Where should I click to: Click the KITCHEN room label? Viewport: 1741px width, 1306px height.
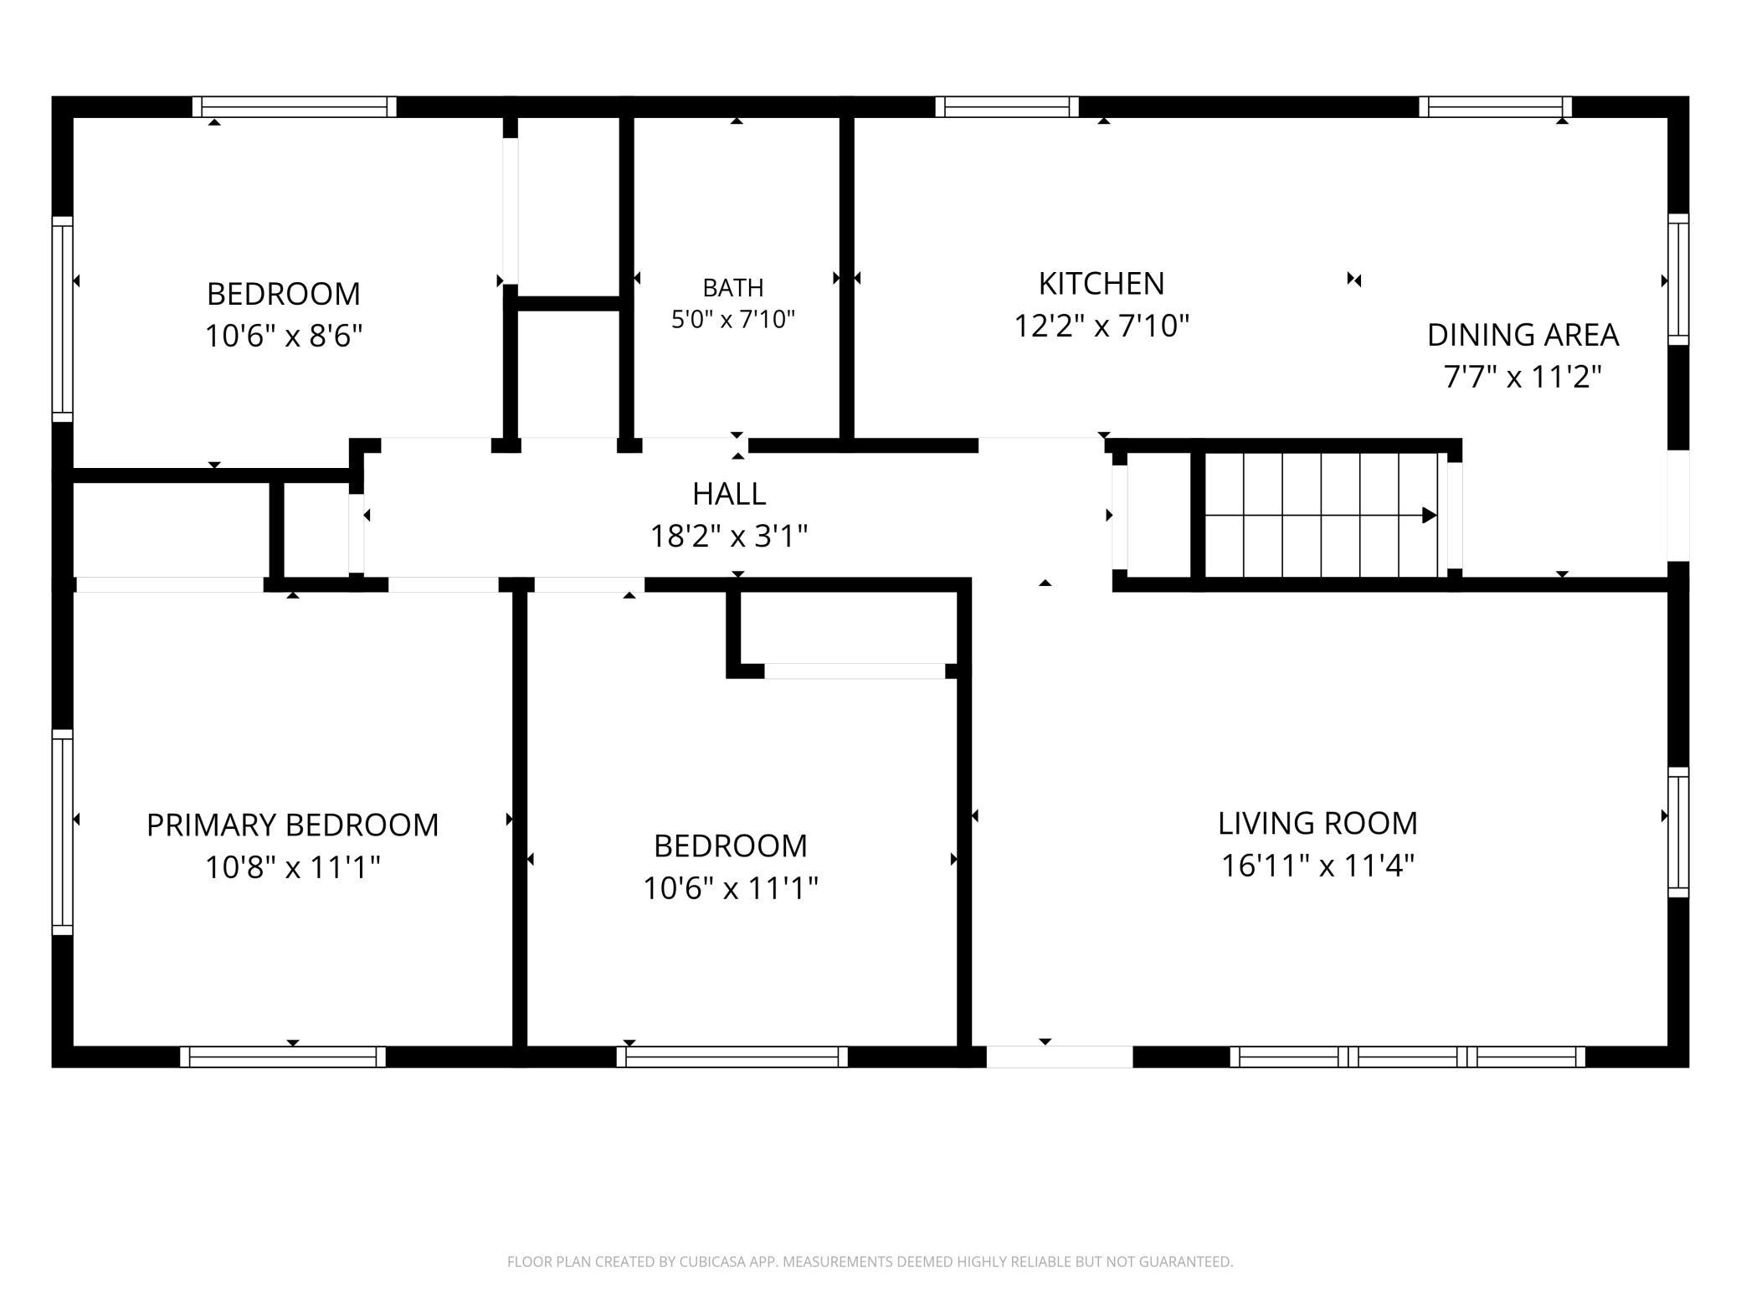point(1102,284)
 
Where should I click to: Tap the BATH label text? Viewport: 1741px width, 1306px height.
point(733,288)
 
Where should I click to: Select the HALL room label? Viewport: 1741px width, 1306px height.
point(729,494)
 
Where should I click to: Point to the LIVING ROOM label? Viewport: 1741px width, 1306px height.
point(1317,823)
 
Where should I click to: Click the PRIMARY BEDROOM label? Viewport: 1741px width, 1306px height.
point(293,825)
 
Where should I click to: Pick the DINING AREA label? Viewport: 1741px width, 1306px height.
point(1523,335)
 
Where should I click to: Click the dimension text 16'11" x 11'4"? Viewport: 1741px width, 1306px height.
point(1317,866)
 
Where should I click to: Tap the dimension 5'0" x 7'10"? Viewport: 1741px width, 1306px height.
point(733,319)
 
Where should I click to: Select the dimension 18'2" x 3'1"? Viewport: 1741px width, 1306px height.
point(729,536)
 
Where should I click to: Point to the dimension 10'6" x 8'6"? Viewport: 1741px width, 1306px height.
point(284,336)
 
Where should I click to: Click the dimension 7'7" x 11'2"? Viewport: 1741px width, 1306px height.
point(1523,377)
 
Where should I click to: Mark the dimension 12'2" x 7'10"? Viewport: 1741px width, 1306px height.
point(1102,325)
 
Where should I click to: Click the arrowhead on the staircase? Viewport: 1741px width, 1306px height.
point(1430,515)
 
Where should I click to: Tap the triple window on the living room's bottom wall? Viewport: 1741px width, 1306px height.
point(1408,1057)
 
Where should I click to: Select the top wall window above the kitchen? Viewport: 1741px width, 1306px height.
point(1007,107)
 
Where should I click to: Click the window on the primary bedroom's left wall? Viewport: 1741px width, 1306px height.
point(63,831)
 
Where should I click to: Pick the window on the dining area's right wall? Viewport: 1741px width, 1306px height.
point(1678,279)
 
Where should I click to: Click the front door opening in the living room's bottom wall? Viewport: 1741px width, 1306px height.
point(1060,1057)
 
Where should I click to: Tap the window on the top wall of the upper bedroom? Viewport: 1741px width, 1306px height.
point(295,107)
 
